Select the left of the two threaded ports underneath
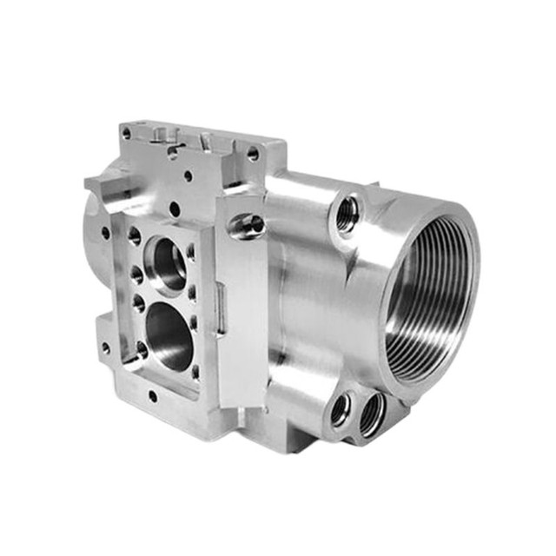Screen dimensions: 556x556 pos(340,408)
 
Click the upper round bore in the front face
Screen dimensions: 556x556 pos(168,261)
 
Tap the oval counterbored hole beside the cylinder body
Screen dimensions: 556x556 pos(246,225)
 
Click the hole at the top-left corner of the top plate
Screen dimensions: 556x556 pos(127,134)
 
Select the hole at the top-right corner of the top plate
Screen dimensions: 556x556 pos(253,154)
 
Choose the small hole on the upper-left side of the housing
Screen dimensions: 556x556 pos(106,233)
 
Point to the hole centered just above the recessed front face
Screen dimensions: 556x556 pos(175,209)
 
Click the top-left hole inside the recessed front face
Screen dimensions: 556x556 pos(134,235)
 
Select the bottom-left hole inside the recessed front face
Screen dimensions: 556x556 pos(139,350)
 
